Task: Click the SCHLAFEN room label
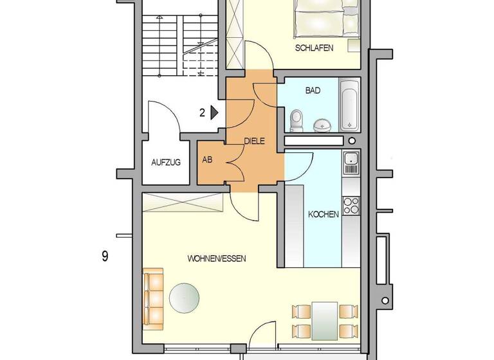coord(314,48)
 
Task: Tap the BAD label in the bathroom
coord(313,91)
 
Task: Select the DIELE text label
coord(255,141)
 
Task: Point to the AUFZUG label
coord(166,162)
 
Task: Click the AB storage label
coord(208,160)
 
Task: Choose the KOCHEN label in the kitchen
coord(323,215)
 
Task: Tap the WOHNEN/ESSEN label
coord(217,258)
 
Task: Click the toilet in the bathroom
coord(297,119)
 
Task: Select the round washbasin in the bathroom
coord(322,124)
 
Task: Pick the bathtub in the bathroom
coord(349,104)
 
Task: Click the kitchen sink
coord(351,164)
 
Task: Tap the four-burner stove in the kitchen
coord(351,205)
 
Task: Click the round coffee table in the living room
coord(185,297)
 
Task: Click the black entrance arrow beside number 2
coord(215,113)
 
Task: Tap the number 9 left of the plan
coord(104,256)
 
